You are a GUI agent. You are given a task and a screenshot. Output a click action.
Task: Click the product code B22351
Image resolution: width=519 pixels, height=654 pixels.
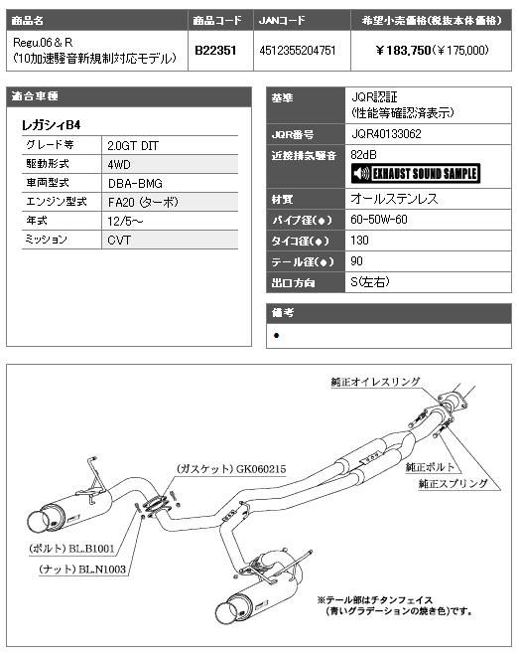coord(215,51)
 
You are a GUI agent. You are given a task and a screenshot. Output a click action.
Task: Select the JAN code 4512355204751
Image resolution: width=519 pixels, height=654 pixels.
coord(298,51)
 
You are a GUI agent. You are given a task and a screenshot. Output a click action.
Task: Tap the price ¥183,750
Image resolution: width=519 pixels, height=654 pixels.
coord(403,51)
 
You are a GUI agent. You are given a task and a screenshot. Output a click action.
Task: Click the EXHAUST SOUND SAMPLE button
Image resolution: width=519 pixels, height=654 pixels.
coord(416,174)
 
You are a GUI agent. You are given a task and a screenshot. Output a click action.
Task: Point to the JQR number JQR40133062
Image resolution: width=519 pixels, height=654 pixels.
coord(387,134)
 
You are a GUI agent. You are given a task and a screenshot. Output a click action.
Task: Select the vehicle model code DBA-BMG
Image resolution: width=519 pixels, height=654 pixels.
coord(135,183)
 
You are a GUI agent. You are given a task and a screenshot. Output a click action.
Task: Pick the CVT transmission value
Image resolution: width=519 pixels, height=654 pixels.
coord(119,240)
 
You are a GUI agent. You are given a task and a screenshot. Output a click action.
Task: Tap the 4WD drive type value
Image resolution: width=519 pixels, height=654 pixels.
coord(119,164)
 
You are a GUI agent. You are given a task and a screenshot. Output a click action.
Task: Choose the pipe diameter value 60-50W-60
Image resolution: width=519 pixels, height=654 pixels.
coord(379,220)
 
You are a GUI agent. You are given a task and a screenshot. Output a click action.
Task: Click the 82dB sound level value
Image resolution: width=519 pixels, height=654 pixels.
coord(363,155)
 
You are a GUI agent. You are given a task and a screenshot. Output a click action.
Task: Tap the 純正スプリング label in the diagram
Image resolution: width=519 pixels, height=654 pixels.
coord(453,483)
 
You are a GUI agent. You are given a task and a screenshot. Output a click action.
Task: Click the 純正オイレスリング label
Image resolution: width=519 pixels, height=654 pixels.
coord(376,382)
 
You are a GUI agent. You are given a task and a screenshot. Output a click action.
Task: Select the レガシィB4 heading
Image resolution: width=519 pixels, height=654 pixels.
coord(51,124)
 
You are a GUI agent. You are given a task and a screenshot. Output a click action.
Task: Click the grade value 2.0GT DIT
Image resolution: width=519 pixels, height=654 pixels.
coord(133,145)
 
